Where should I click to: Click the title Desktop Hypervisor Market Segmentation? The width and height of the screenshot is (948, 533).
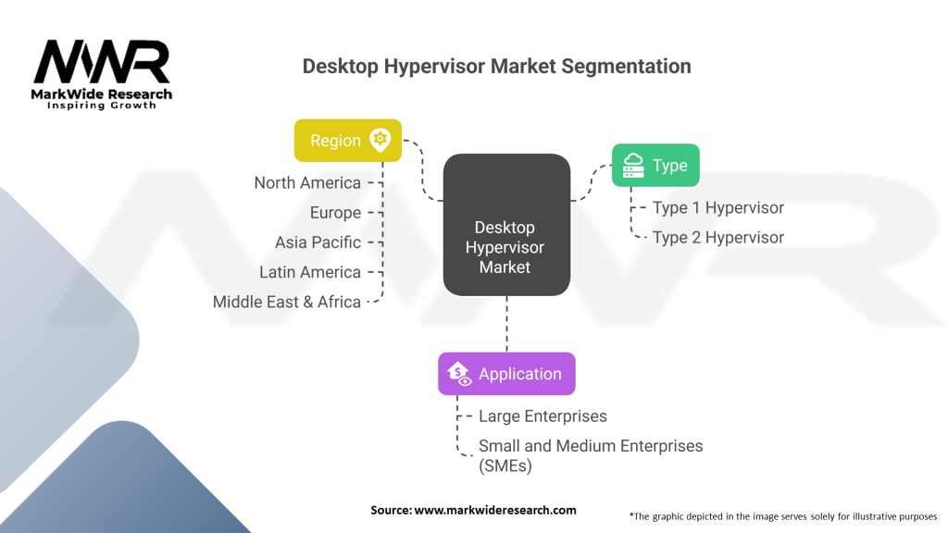point(496,67)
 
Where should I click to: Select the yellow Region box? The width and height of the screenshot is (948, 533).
point(348,141)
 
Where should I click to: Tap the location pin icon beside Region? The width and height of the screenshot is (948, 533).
point(379,140)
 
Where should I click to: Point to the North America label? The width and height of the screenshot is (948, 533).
point(307,183)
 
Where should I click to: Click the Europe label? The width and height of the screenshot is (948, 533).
point(335,213)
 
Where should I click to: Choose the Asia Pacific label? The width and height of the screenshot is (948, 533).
point(318,242)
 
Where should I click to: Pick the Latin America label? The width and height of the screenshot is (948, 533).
point(310,272)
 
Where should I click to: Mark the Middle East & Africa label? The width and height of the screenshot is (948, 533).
point(287,302)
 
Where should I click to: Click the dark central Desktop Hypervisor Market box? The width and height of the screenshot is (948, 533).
point(506,225)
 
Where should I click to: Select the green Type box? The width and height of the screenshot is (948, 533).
point(655,166)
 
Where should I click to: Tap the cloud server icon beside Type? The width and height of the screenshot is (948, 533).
point(634,166)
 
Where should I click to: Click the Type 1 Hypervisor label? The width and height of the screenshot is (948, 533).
point(717,208)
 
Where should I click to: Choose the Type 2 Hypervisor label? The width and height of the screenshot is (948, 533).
point(717,238)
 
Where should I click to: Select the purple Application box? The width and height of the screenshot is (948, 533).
point(506,374)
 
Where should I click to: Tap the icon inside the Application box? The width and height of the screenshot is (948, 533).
point(459,374)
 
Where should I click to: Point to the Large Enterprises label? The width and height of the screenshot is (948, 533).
point(543,417)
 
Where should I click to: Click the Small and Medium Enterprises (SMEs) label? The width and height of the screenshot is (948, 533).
point(590,456)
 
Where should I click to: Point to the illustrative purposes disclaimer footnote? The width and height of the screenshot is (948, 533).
point(782,515)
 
